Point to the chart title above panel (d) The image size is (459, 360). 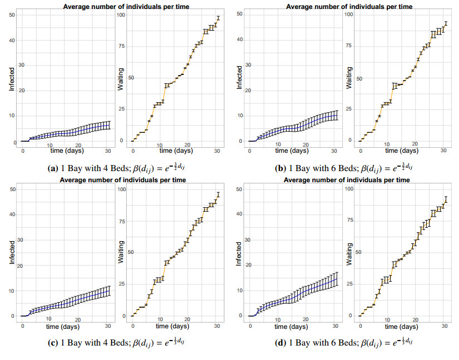[x=347, y=180]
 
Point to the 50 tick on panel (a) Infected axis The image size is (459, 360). [x=12, y=14]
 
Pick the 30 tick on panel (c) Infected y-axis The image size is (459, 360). [x=12, y=240]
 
